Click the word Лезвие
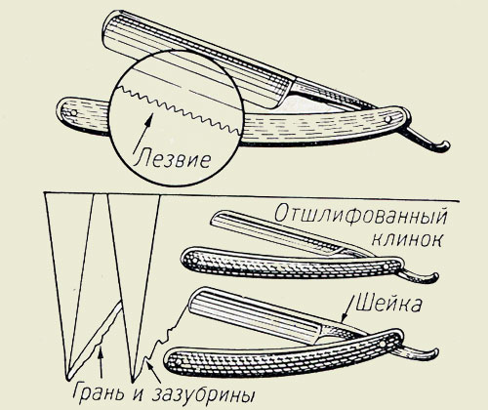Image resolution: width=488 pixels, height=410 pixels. point(172,159)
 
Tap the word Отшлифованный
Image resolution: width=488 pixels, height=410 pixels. point(360,215)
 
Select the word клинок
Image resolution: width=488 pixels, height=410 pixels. point(407,240)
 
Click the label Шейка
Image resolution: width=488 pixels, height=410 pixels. point(388,303)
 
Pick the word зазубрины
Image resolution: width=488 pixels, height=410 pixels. point(203,395)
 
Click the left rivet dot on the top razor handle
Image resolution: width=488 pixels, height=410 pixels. point(74,113)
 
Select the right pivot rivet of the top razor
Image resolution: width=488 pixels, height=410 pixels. point(387,119)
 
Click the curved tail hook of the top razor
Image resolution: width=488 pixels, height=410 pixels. point(432,143)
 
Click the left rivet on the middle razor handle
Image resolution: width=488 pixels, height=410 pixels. point(195,261)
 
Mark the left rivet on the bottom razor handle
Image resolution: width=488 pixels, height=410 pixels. point(179,362)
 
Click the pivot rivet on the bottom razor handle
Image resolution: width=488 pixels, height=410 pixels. point(383,344)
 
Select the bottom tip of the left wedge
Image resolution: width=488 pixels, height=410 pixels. point(67,380)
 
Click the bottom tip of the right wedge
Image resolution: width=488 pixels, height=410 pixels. point(133,382)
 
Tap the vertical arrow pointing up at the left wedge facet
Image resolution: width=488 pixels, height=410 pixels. point(102,364)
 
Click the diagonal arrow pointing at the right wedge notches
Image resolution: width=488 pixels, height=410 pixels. point(152,373)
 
